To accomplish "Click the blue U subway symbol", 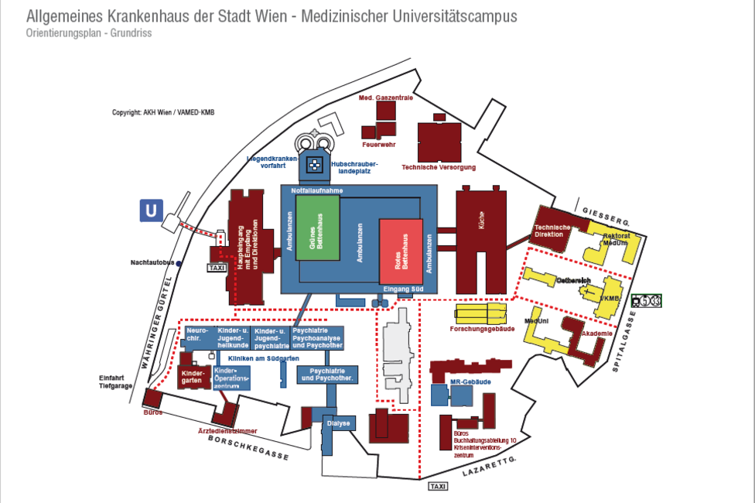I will click(152, 210).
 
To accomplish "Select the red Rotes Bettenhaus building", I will click(401, 251).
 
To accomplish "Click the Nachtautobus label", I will click(152, 264).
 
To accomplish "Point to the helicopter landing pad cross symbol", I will click(314, 164).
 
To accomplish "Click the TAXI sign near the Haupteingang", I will click(217, 268).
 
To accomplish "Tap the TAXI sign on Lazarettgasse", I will click(437, 486).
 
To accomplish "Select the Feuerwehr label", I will click(379, 145).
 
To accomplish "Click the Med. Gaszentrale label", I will click(385, 98).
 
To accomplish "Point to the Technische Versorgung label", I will click(439, 167).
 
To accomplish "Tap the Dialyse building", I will click(339, 423).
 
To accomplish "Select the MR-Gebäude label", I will click(469, 382).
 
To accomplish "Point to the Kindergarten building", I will click(193, 377).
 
